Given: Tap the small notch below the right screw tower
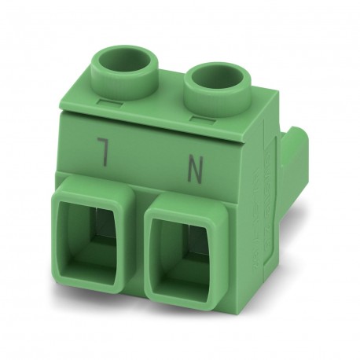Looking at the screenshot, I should [x=200, y=117].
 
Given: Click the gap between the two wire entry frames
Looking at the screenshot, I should [x=141, y=236].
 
